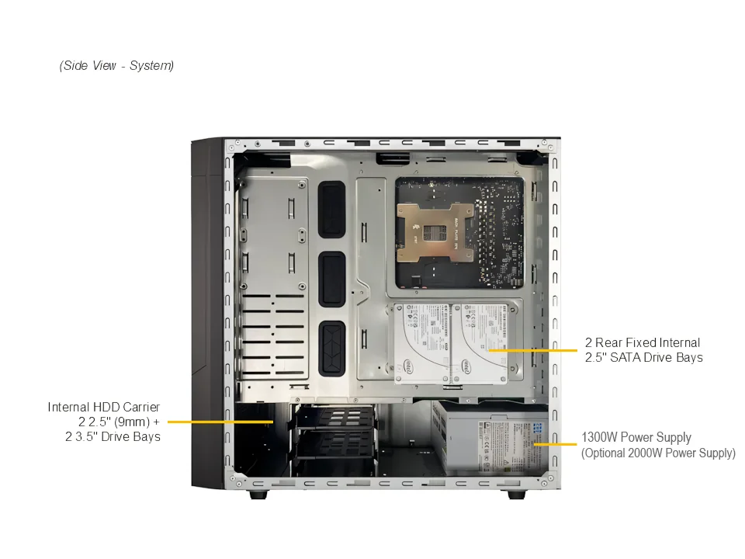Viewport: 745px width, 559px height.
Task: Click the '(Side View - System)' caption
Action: tap(116, 65)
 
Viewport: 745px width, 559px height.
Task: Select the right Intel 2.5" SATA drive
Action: tap(479, 343)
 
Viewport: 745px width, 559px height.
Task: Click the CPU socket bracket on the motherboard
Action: tap(435, 232)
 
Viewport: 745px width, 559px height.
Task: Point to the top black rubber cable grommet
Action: tap(331, 209)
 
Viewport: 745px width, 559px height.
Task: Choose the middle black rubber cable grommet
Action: tap(331, 279)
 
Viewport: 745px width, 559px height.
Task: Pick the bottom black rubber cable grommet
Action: tap(331, 349)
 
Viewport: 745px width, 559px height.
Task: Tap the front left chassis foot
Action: tap(258, 495)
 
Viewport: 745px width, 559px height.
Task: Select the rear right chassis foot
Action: tap(517, 495)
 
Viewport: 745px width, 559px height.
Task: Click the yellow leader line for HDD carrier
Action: tap(220, 422)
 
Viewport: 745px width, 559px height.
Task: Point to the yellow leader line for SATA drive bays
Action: tap(532, 350)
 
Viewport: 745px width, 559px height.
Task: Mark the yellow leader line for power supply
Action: tap(555, 444)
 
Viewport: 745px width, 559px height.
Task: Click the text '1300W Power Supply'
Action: tap(636, 437)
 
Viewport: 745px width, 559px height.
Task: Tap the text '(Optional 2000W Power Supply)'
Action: tap(658, 453)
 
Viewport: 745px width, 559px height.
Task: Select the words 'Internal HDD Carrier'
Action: tap(103, 408)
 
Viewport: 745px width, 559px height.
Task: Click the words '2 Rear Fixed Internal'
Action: tap(643, 342)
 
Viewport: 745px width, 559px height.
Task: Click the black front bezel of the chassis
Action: tap(206, 313)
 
